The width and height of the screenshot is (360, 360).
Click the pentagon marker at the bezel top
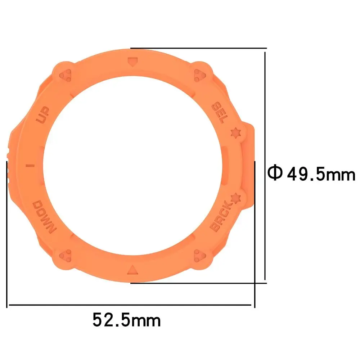coord(132,62)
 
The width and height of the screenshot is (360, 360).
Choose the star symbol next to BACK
coord(235,198)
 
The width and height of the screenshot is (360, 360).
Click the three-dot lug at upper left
coord(66,75)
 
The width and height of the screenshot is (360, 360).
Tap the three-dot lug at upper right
coord(199,75)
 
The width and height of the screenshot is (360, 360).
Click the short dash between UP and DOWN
coord(31,166)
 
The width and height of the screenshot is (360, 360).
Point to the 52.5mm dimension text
coord(126,320)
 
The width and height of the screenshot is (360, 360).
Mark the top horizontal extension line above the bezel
coord(198,48)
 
